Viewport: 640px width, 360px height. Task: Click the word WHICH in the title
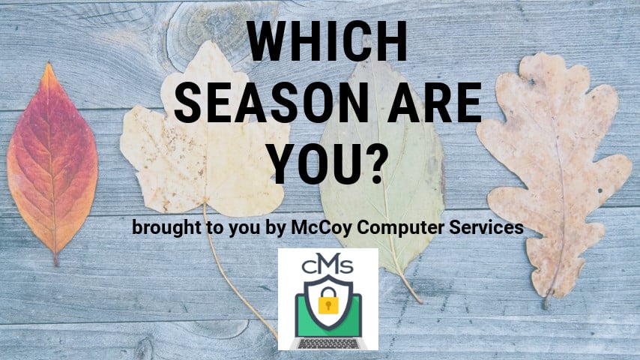click(327, 41)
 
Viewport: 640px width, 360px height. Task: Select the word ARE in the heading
click(435, 103)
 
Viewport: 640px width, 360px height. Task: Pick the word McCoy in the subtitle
click(321, 228)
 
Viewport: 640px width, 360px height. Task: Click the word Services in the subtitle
click(486, 227)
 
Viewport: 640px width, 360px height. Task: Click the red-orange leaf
click(52, 163)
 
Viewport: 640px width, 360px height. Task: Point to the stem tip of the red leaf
click(56, 264)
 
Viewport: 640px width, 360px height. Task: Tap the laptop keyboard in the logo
click(328, 343)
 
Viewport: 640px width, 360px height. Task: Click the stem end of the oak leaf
click(546, 307)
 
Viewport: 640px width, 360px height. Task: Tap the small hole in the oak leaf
click(600, 190)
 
